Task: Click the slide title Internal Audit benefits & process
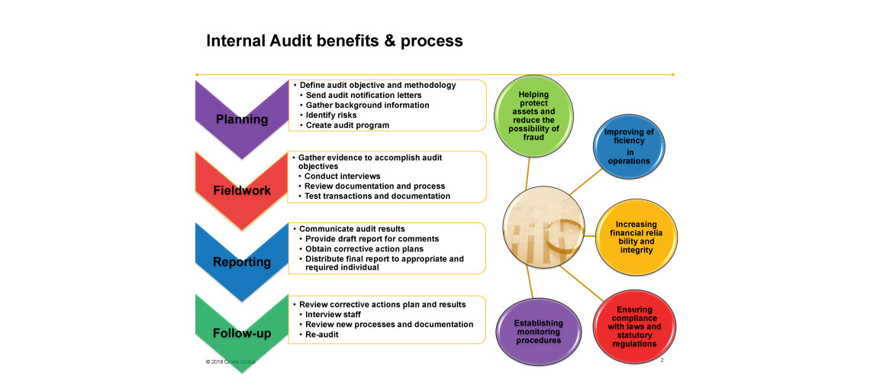point(334,41)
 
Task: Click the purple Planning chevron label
point(241,119)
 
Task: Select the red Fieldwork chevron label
point(241,190)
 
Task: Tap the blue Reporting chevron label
point(241,262)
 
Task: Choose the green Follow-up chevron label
point(241,333)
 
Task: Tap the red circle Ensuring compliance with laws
point(629,327)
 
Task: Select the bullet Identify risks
point(331,115)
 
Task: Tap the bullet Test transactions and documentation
point(377,196)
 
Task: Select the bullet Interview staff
point(333,315)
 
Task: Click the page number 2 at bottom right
point(662,360)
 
